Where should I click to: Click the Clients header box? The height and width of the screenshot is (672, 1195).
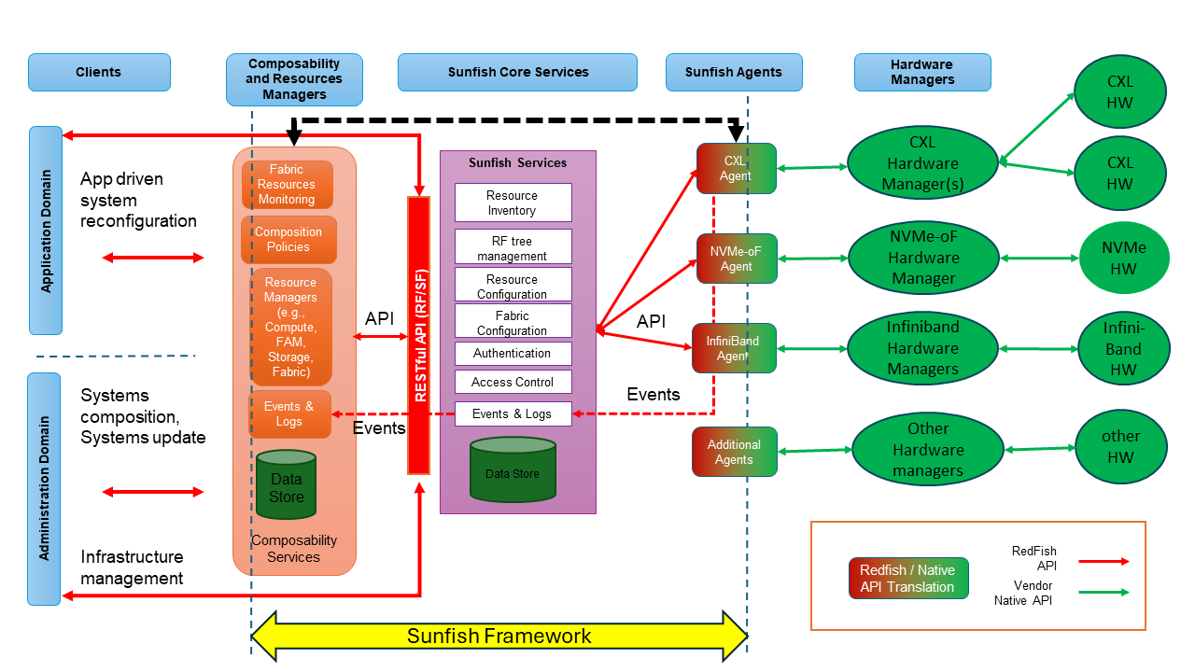click(x=99, y=72)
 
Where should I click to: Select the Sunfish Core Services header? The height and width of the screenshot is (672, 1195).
click(x=517, y=72)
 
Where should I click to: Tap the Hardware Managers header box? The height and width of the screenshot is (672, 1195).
click(x=921, y=72)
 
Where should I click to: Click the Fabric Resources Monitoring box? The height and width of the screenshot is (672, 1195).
click(x=287, y=185)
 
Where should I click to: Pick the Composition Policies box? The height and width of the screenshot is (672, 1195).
click(x=288, y=240)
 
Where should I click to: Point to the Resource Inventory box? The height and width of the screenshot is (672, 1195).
click(x=513, y=203)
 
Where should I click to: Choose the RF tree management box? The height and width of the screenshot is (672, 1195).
click(x=513, y=248)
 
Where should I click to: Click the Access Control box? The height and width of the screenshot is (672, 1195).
click(x=513, y=382)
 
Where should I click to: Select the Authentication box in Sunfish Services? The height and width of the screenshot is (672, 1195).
click(x=513, y=354)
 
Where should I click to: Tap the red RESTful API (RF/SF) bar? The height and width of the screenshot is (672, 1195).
click(x=419, y=335)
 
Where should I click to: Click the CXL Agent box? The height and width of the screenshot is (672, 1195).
click(x=736, y=168)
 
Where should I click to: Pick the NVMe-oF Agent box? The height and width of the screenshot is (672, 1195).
click(x=736, y=259)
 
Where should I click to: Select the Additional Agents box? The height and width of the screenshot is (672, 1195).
click(x=734, y=452)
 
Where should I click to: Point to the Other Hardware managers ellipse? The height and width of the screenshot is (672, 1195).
click(x=927, y=450)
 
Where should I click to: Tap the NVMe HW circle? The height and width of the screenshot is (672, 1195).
click(x=1123, y=259)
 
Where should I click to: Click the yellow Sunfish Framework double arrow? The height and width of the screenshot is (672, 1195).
click(x=499, y=637)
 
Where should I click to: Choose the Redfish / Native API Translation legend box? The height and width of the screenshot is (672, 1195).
click(x=907, y=579)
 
